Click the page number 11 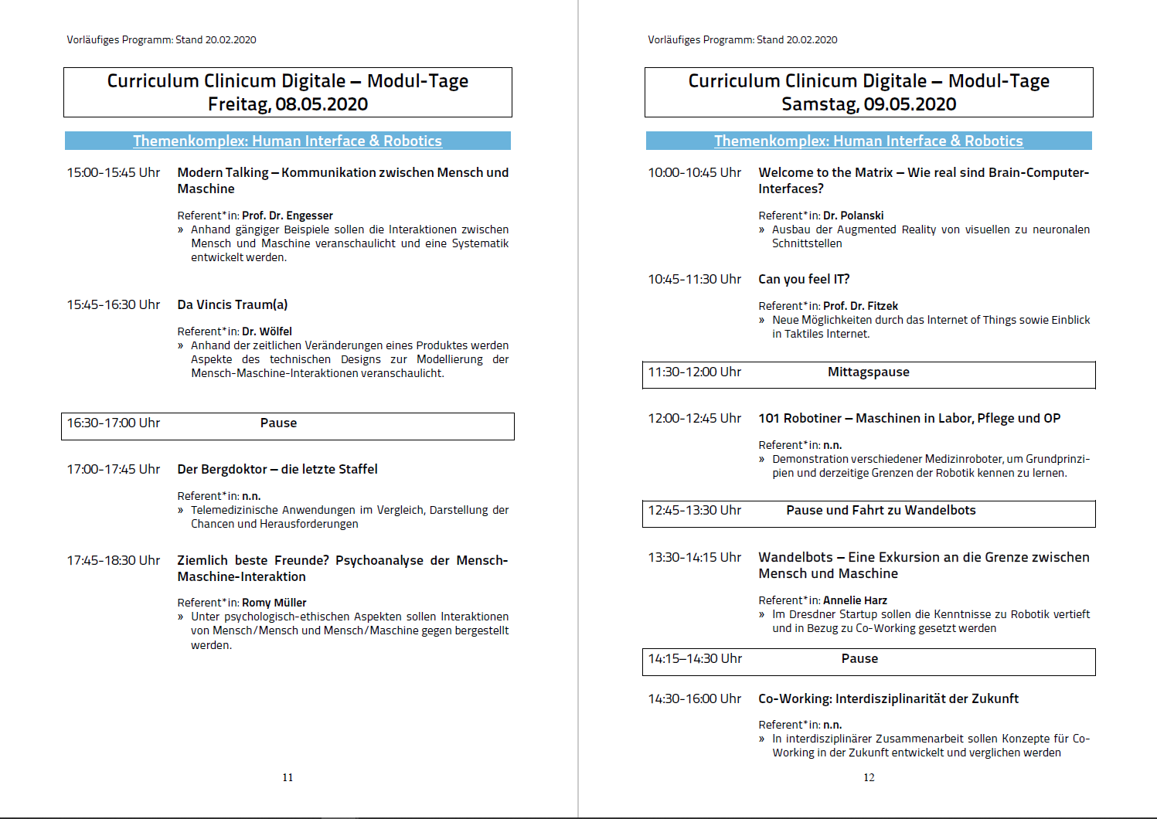[x=288, y=777]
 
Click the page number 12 [x=869, y=777]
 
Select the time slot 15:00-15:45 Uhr [x=114, y=173]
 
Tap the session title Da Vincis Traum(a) [x=233, y=304]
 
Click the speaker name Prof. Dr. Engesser [x=288, y=216]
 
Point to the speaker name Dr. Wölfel [x=267, y=331]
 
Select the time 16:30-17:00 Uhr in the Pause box [x=114, y=423]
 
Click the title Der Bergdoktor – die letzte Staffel [x=277, y=469]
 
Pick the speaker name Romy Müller [x=274, y=603]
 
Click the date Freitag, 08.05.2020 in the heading [x=288, y=104]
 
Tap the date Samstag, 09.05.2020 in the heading [x=869, y=104]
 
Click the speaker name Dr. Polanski [x=853, y=216]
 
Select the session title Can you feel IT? [x=804, y=279]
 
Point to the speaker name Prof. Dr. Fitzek [x=860, y=306]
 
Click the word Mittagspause [x=869, y=372]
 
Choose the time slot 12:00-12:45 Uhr [x=695, y=419]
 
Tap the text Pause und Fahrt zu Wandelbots [x=881, y=511]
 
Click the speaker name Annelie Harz [x=855, y=600]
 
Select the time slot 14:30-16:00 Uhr [x=695, y=699]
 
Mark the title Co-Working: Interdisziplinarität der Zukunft [x=888, y=699]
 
